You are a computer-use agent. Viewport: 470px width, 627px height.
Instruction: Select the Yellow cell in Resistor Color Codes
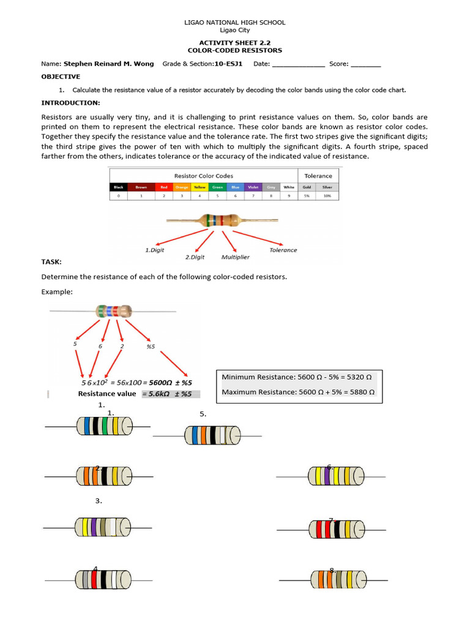[x=200, y=187]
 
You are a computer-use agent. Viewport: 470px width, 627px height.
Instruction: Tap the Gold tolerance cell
[x=307, y=187]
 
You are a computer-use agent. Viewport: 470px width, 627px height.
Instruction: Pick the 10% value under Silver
[x=327, y=196]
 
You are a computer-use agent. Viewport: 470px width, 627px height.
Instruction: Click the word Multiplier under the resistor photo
[x=235, y=257]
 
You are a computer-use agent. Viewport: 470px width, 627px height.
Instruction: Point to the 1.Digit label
[x=155, y=250]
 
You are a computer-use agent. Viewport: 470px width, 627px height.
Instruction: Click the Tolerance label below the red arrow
[x=283, y=250]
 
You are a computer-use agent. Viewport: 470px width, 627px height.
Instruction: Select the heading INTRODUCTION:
[x=70, y=102]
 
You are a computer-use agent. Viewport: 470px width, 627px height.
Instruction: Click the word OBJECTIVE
[x=61, y=77]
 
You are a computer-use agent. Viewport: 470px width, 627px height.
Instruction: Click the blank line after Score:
[x=365, y=64]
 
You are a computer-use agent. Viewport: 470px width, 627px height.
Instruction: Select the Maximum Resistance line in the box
[x=298, y=392]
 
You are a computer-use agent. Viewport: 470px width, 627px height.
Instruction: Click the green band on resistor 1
[x=105, y=426]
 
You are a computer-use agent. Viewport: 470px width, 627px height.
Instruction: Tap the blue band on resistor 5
[x=195, y=436]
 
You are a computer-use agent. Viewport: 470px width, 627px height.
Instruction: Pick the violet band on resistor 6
[x=327, y=476]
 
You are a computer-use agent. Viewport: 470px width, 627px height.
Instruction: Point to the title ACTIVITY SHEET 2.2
[x=235, y=43]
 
